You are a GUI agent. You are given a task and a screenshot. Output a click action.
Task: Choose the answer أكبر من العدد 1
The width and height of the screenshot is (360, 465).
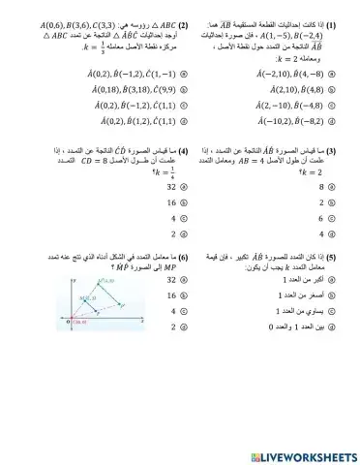pos(304,280)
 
